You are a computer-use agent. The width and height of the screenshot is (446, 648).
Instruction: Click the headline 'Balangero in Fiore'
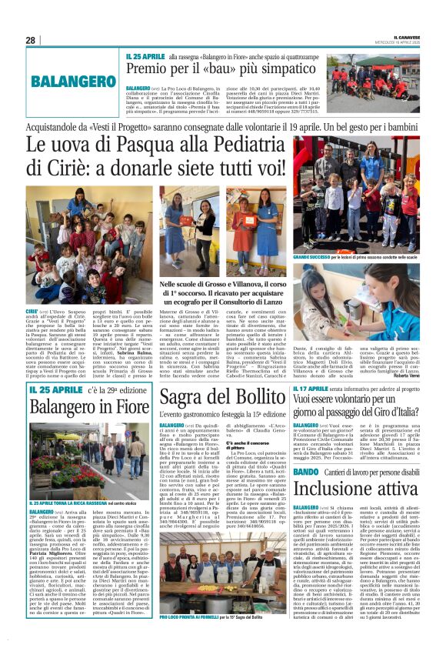[x=89, y=405]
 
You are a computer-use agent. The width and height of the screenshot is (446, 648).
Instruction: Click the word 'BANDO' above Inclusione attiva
[x=305, y=449]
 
